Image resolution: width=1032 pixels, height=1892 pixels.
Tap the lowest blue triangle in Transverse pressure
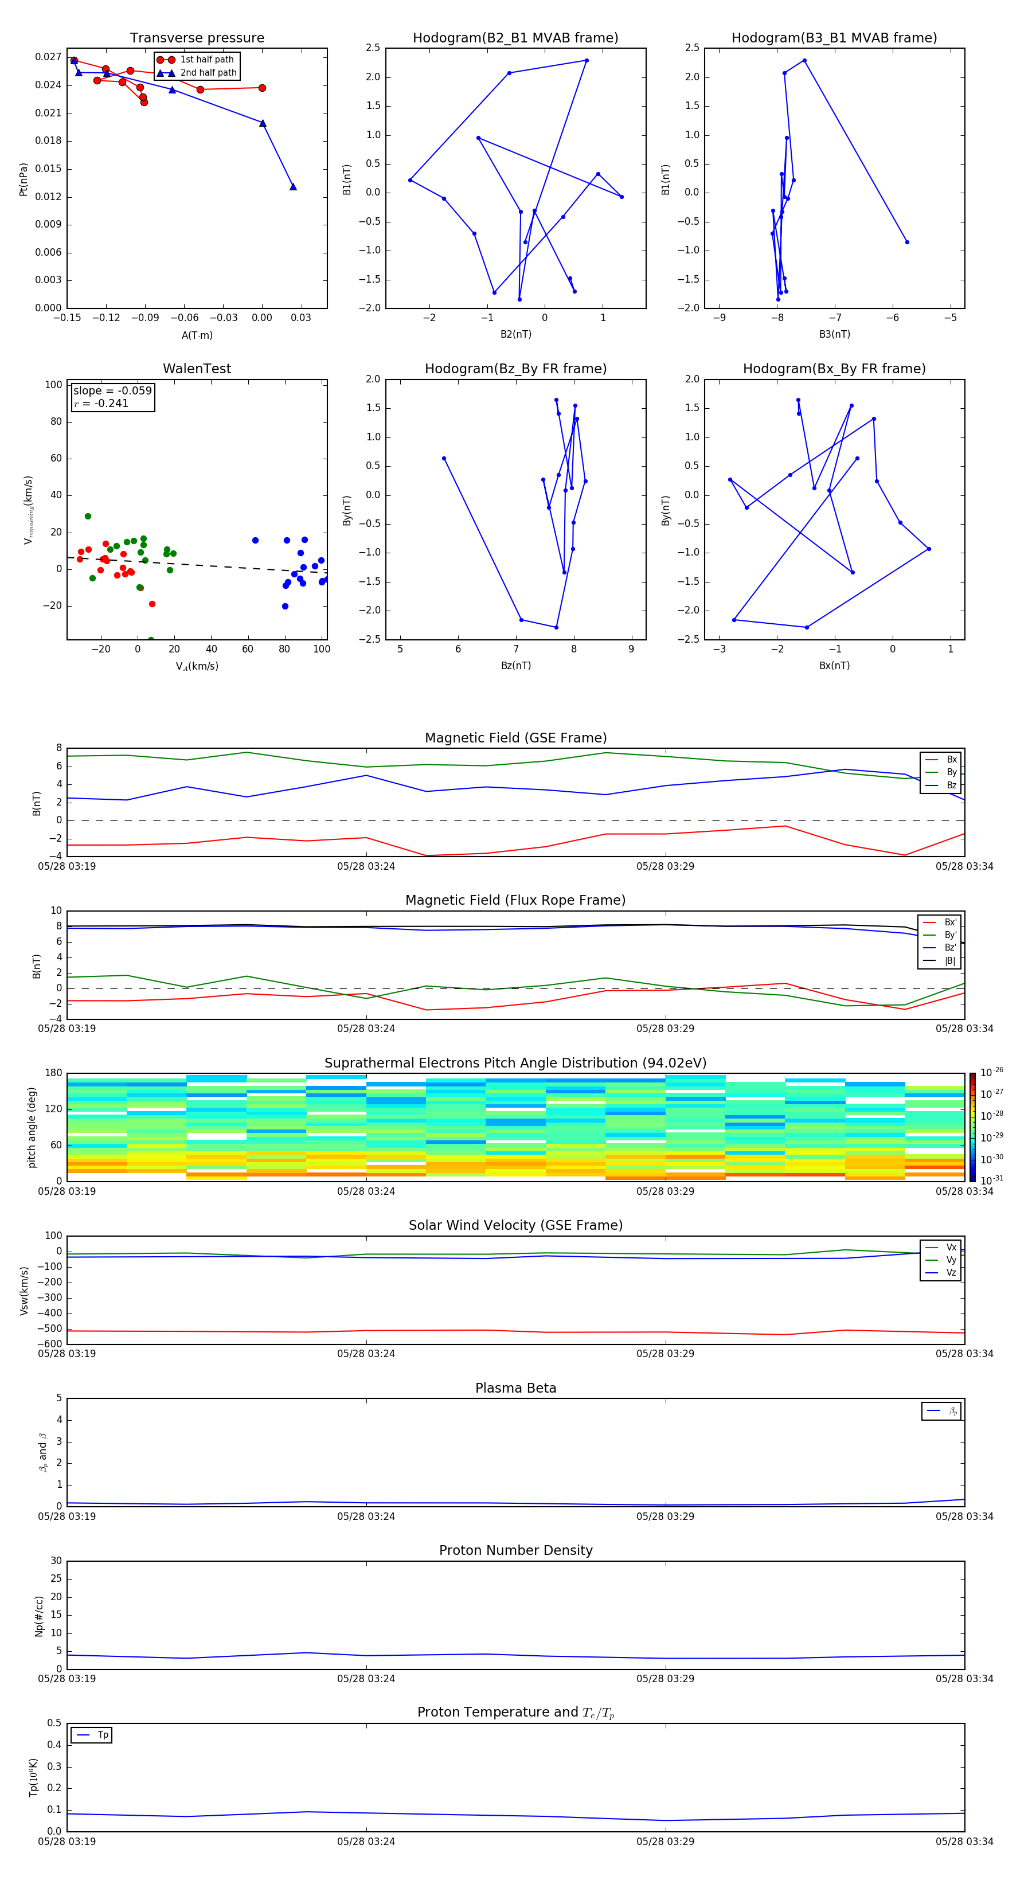coord(293,186)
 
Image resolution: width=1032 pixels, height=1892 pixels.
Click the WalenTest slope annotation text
coord(112,391)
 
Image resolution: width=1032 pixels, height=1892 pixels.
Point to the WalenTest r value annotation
coord(101,403)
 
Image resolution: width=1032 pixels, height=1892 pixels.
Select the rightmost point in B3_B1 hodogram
coord(907,241)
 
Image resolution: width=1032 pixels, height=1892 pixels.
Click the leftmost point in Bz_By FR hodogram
coord(444,458)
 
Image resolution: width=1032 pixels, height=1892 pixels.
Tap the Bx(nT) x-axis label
coord(834,666)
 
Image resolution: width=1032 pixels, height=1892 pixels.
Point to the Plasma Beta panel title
coord(515,1388)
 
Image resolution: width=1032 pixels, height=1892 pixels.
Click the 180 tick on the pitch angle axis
coord(54,1073)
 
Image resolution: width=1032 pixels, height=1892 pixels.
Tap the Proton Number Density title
coord(515,1550)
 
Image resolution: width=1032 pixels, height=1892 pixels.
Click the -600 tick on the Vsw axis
coord(49,1344)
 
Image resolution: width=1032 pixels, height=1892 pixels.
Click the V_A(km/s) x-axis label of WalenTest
coord(197,666)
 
